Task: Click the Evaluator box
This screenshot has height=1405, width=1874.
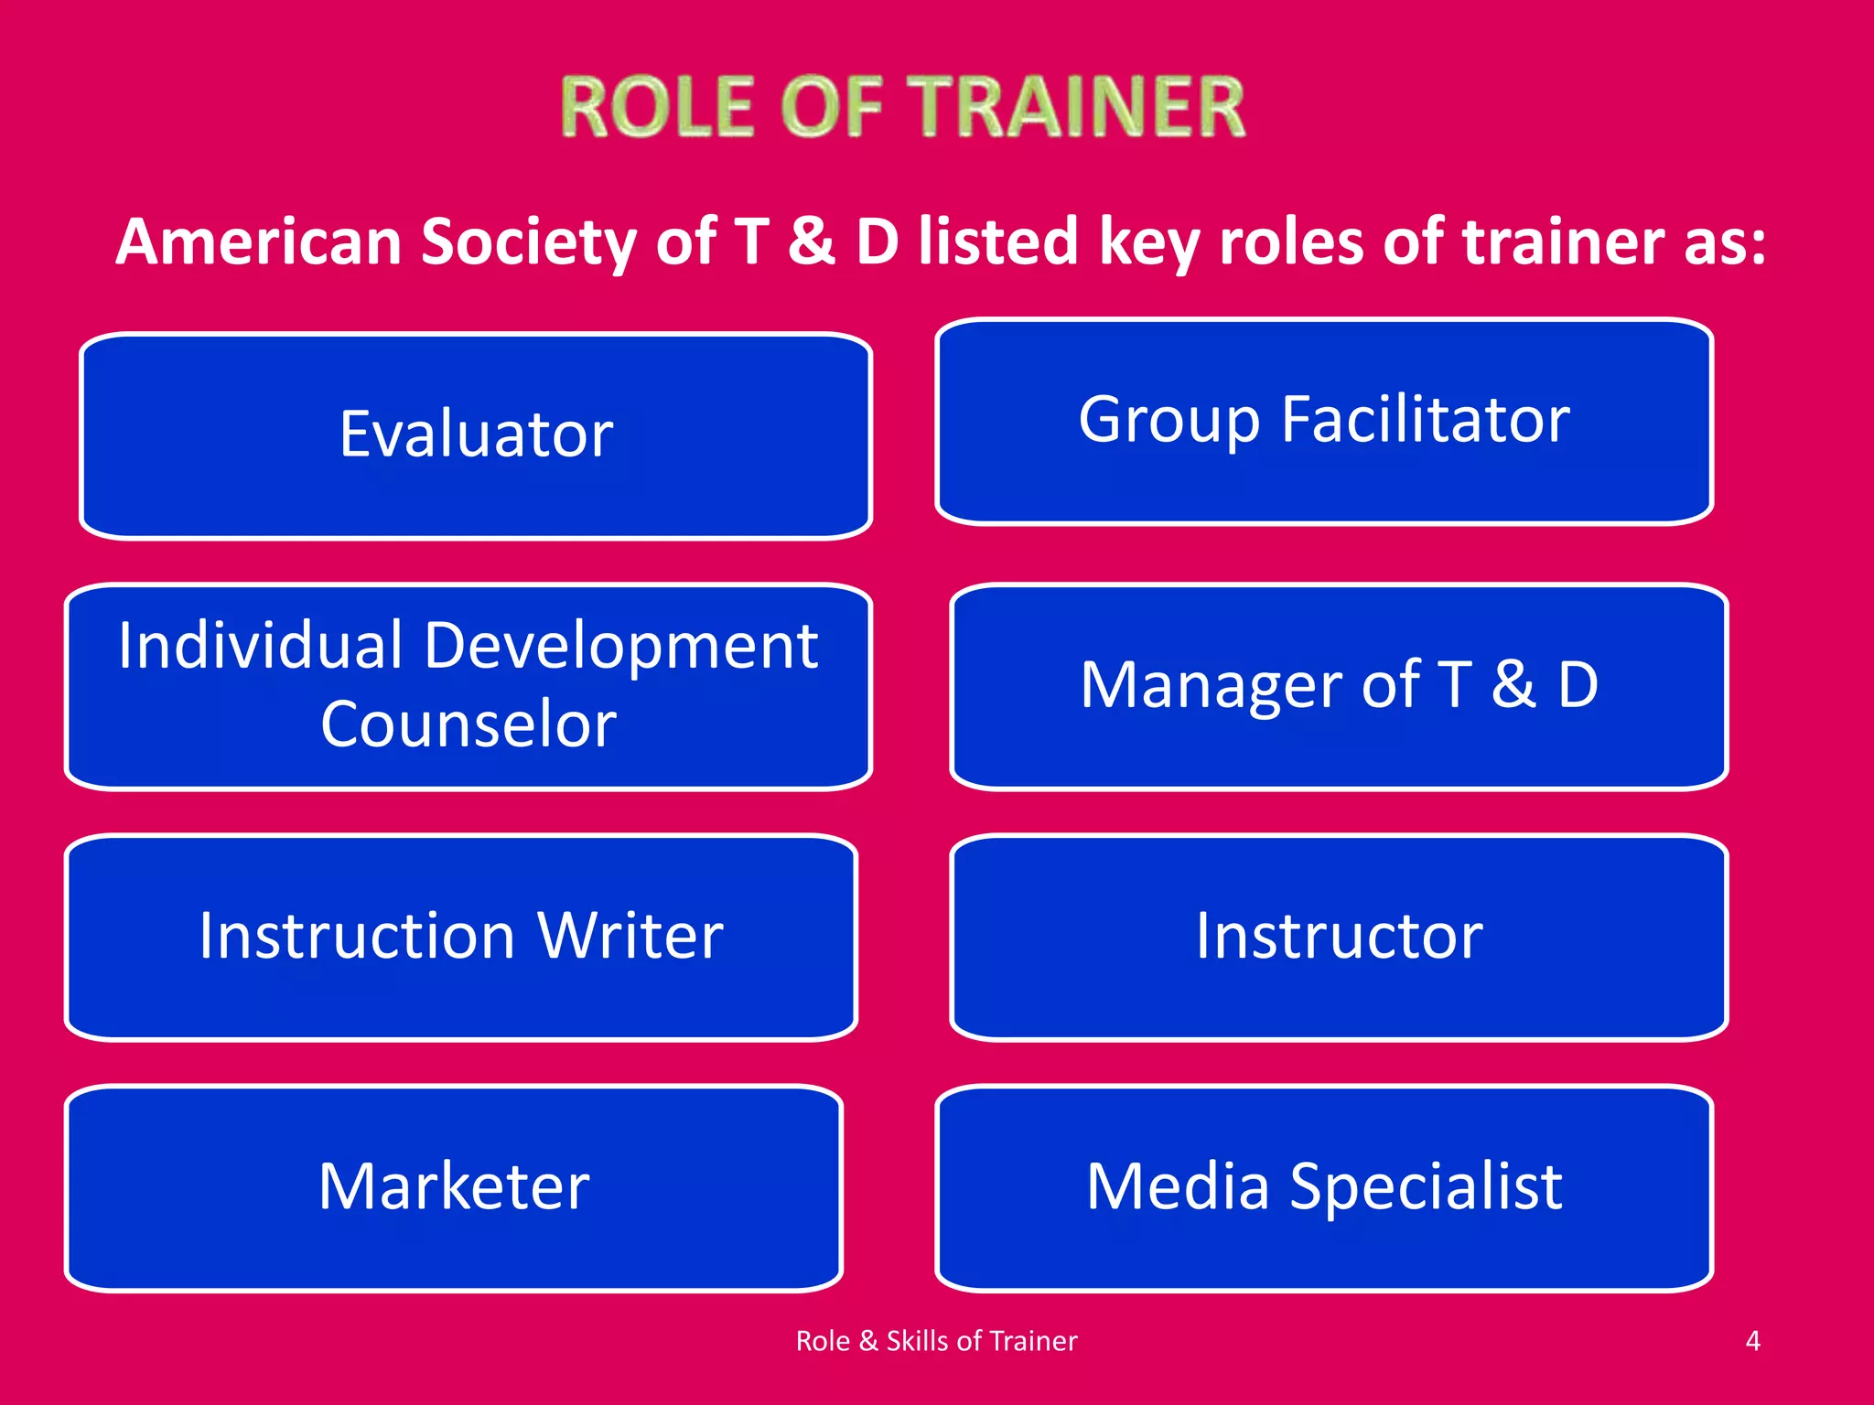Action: [x=476, y=435]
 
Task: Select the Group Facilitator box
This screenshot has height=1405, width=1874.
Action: [x=1323, y=421]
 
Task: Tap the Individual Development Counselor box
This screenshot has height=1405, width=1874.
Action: [x=468, y=686]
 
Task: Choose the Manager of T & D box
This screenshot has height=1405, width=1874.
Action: [x=1339, y=686]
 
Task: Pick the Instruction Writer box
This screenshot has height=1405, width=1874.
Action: [x=461, y=937]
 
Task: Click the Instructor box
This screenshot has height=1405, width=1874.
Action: [x=1339, y=937]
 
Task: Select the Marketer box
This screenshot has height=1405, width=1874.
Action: [x=454, y=1187]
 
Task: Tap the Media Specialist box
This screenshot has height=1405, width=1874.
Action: [x=1323, y=1187]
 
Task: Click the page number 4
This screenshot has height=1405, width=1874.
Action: [x=1752, y=1341]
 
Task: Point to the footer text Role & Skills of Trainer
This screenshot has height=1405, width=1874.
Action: [x=936, y=1341]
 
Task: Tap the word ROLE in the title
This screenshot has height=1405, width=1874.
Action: [x=658, y=108]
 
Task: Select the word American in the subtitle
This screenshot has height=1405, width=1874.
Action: [x=259, y=242]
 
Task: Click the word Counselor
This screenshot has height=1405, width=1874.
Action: [x=468, y=724]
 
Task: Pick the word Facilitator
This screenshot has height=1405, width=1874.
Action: [x=1425, y=420]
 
